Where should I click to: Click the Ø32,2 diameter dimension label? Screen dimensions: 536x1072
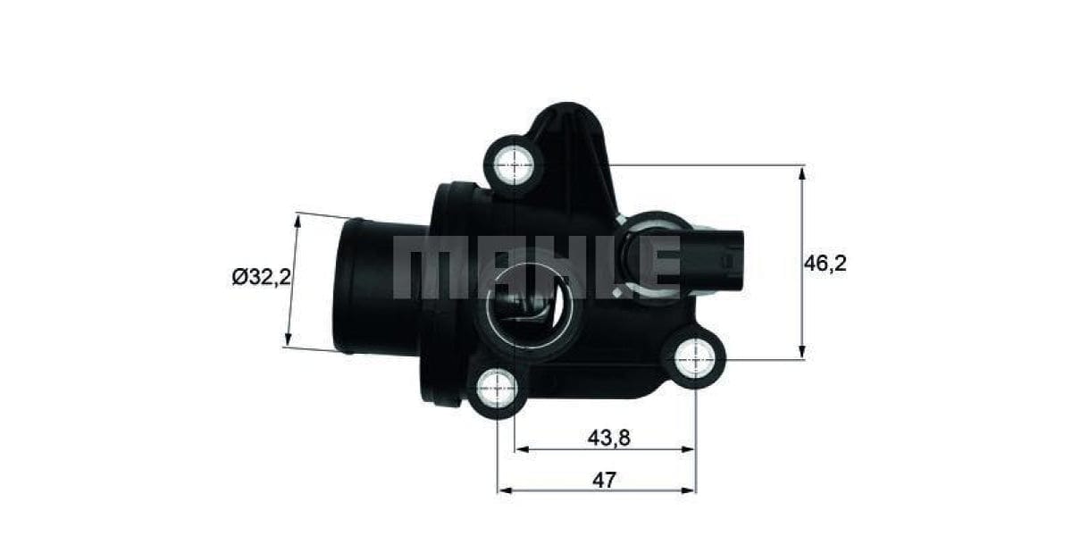click(x=261, y=278)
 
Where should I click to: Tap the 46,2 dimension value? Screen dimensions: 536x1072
click(x=825, y=263)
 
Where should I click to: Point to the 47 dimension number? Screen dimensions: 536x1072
click(x=604, y=480)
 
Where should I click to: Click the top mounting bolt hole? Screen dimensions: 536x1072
click(x=515, y=163)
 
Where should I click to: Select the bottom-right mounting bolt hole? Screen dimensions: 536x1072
click(x=694, y=359)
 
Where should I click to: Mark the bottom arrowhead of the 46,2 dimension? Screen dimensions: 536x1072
click(x=802, y=354)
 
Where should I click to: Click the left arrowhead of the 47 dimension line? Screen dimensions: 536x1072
click(x=503, y=490)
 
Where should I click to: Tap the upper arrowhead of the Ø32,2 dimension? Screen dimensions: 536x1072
click(x=297, y=220)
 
